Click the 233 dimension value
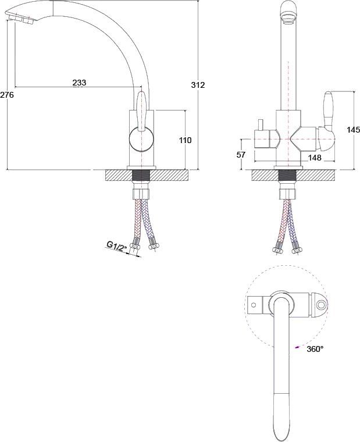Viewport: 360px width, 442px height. click(x=79, y=83)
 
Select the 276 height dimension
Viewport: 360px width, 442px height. click(x=7, y=94)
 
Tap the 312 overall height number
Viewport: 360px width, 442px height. click(x=198, y=85)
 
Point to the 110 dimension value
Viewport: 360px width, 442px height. click(x=185, y=140)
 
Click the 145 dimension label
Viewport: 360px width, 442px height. click(x=353, y=130)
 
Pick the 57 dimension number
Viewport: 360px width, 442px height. click(x=241, y=155)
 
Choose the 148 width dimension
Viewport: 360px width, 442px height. click(x=315, y=157)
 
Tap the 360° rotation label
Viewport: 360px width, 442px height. click(x=314, y=349)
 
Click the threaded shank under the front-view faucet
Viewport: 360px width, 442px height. click(x=287, y=176)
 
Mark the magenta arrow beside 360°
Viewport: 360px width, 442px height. click(x=298, y=348)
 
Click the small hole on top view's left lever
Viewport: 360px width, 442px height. click(x=253, y=304)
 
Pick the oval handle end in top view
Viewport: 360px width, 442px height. click(x=320, y=304)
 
